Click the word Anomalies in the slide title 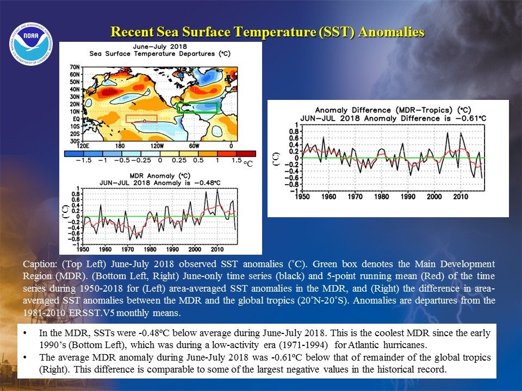[392, 32]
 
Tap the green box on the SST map [197, 108]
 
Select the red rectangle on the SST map [141, 118]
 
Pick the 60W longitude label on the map [195, 146]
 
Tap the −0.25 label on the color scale [144, 161]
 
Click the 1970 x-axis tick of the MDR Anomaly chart [128, 249]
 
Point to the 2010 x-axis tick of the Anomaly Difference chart [461, 197]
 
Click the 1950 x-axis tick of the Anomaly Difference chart [302, 197]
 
